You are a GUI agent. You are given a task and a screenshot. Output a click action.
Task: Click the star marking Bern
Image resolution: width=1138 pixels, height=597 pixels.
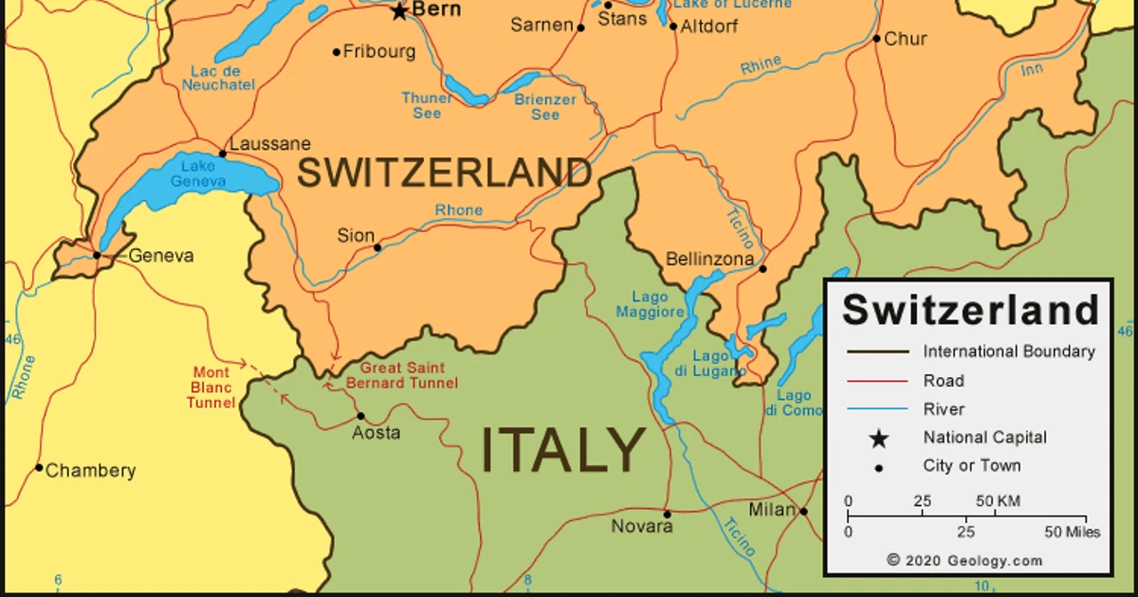click(399, 11)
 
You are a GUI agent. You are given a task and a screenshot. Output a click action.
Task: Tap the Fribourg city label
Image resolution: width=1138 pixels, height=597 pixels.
click(378, 52)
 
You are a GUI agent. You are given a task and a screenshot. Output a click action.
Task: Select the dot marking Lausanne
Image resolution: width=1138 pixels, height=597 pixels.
click(223, 154)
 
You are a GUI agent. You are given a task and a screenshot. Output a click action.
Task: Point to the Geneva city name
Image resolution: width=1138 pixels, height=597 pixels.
click(161, 256)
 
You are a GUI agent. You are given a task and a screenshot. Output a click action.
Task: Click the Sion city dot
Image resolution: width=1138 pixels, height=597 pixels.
click(377, 248)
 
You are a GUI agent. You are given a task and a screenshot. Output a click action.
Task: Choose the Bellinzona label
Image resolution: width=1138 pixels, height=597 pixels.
click(710, 259)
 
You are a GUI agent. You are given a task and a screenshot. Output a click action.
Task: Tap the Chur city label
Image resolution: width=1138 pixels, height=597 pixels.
click(906, 40)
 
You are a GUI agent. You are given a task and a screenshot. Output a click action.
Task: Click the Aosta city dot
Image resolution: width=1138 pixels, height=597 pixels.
click(360, 416)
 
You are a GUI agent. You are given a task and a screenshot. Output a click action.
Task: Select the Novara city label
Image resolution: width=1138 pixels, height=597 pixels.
click(642, 526)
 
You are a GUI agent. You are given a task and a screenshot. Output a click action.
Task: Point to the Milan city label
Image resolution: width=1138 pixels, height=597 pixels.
click(772, 510)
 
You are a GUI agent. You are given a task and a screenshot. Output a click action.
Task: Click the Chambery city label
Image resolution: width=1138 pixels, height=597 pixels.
click(90, 471)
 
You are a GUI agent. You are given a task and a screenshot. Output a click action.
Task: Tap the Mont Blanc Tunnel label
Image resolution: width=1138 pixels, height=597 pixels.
click(211, 388)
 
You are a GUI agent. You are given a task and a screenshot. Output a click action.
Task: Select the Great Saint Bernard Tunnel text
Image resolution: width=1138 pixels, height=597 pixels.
click(401, 375)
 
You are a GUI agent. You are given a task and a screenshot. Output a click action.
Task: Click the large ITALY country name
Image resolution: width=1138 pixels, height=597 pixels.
click(563, 450)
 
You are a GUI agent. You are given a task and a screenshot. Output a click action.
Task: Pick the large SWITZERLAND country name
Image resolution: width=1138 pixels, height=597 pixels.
click(445, 174)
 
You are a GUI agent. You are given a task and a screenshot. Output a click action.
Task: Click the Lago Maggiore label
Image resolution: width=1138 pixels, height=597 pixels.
click(651, 304)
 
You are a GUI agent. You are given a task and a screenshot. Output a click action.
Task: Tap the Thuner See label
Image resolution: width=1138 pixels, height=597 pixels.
click(427, 106)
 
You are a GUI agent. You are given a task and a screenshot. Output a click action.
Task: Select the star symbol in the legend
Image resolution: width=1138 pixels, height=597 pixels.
click(879, 438)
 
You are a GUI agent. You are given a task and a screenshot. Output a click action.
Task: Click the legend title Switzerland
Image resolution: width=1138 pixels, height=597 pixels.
click(970, 309)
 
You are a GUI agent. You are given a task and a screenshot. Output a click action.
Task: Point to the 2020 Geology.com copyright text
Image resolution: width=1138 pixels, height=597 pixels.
click(964, 560)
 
